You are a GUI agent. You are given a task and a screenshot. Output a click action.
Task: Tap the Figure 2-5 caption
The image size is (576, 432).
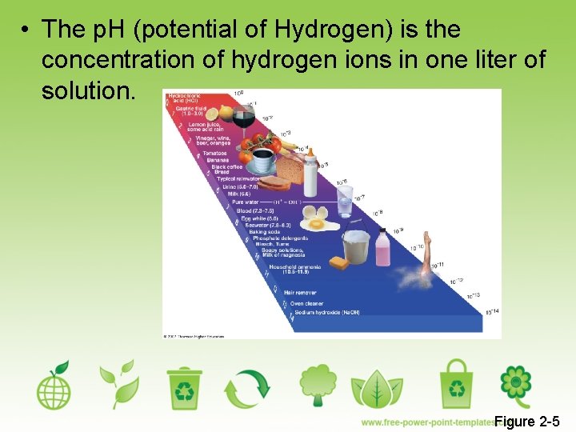click(x=526, y=422)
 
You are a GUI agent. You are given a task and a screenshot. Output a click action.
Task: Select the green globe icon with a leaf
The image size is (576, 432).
click(x=54, y=386)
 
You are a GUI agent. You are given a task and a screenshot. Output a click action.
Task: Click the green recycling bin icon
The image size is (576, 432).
click(x=185, y=387)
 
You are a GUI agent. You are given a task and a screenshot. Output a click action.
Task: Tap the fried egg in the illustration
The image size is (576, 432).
click(x=316, y=224)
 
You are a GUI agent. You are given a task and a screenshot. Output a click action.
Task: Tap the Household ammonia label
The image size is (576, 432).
click(x=294, y=269)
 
